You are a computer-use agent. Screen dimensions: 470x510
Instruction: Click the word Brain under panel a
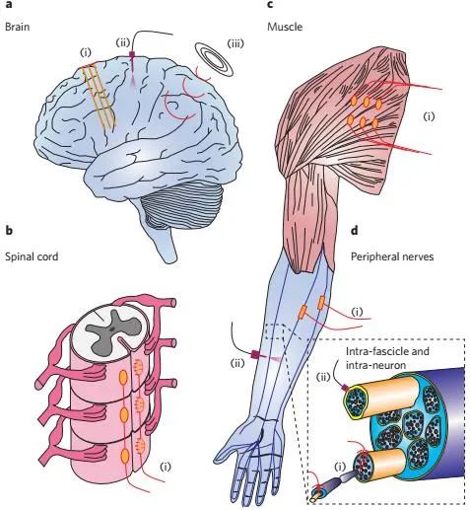[17, 27]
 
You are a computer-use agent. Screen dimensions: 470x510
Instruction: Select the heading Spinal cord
[32, 256]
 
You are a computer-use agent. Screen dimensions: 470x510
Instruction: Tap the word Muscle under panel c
[285, 27]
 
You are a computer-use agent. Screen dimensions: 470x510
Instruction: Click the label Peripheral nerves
[392, 256]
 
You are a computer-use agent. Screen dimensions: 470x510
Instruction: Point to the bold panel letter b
[9, 230]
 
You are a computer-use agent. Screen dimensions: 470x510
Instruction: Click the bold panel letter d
[355, 230]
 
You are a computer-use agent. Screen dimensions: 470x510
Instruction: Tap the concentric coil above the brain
[214, 59]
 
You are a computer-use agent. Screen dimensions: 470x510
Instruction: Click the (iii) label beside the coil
[235, 43]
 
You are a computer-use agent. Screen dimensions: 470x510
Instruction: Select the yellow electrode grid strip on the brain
[100, 96]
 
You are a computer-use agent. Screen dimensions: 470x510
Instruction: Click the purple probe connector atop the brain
[132, 54]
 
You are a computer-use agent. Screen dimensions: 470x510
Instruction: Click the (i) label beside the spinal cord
[166, 467]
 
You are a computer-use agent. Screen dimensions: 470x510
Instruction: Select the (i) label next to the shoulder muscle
[429, 116]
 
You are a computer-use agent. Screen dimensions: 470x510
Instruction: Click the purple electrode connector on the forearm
[255, 354]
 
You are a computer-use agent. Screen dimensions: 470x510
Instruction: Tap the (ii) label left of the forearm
[237, 363]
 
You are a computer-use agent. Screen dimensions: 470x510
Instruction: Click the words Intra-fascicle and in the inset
[387, 351]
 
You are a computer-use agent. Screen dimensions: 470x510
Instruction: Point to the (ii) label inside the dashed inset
[323, 377]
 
